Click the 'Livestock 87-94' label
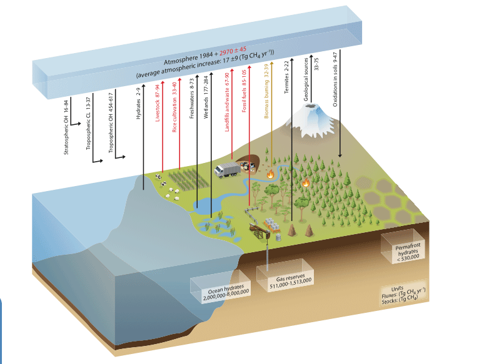tap(158, 103)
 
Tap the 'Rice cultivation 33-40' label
tap(174, 107)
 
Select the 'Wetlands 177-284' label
tap(206, 97)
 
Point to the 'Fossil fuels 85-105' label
tap(244, 91)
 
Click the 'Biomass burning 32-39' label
tap(266, 91)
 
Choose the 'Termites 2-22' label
tap(286, 77)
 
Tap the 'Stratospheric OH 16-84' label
tap(66, 127)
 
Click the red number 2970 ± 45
tap(233, 51)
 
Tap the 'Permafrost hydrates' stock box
tap(403, 246)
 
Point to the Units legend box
tap(403, 293)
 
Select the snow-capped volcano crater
tap(312, 107)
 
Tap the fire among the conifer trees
tap(306, 182)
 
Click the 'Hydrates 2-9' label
tap(139, 103)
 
